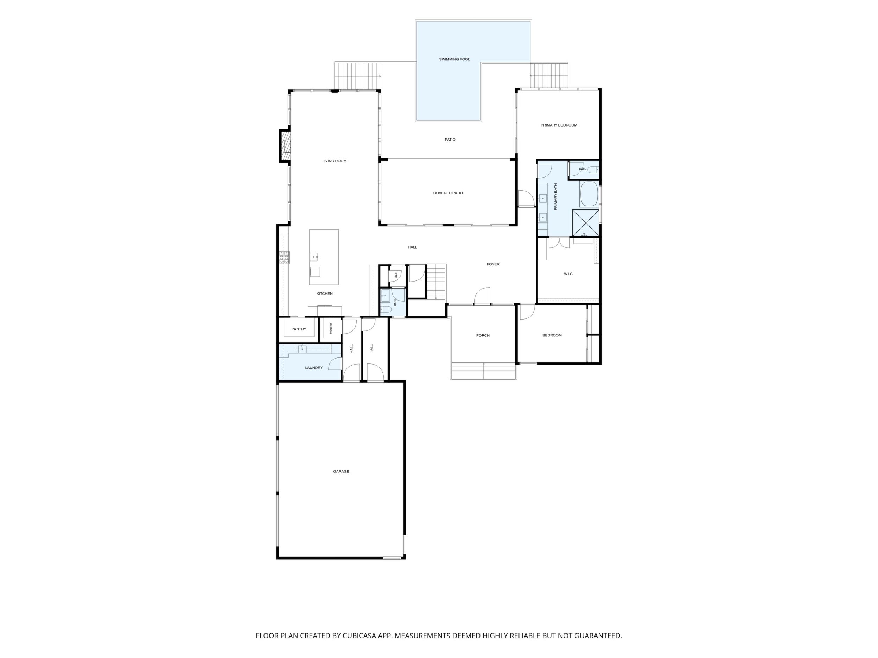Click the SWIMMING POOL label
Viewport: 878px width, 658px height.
click(454, 59)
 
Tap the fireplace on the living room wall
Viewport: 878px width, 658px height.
click(285, 146)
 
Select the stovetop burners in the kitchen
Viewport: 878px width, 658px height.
click(284, 257)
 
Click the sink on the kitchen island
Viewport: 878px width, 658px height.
click(314, 257)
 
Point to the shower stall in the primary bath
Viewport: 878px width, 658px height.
click(585, 223)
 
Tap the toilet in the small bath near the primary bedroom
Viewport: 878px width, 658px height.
click(593, 170)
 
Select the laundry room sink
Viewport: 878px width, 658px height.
click(302, 349)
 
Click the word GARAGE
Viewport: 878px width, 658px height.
click(341, 472)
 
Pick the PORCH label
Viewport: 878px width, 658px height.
click(483, 336)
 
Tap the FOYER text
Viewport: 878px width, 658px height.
click(493, 264)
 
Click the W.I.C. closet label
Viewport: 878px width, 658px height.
click(568, 274)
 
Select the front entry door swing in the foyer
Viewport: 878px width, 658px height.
click(482, 296)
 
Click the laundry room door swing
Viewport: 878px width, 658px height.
click(335, 363)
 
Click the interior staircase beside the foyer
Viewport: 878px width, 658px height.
click(436, 282)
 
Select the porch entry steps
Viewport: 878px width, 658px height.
click(483, 370)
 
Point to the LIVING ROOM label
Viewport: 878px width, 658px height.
click(334, 161)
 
